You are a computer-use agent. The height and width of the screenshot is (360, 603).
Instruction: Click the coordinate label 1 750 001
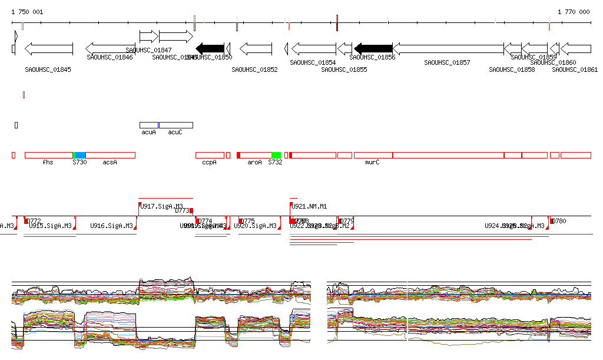(x=27, y=12)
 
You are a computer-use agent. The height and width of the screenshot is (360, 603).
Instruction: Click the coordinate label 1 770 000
(x=574, y=12)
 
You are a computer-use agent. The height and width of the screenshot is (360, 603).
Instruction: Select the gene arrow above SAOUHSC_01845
(x=49, y=48)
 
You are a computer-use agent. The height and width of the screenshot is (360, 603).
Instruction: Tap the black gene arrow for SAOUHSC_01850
(x=210, y=48)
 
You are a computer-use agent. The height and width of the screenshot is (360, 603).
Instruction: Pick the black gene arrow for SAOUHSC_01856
(x=373, y=48)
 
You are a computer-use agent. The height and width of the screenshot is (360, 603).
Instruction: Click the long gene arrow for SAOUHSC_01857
(x=448, y=48)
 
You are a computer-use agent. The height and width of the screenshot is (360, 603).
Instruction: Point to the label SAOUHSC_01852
(x=254, y=70)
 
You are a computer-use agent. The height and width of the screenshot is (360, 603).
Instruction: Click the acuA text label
(x=148, y=133)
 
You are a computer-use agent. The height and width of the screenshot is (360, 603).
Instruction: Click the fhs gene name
(x=48, y=162)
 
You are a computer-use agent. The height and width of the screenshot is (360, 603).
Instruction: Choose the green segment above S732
(x=276, y=155)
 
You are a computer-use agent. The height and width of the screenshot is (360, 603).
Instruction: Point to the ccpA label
(x=209, y=162)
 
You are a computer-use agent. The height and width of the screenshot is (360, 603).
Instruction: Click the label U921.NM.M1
(x=309, y=206)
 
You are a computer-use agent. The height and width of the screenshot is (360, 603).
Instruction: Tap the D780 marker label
(x=559, y=222)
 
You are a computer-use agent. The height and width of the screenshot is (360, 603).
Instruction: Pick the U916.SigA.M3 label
(x=111, y=226)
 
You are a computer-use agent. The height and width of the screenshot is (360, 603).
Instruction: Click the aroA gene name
(x=254, y=162)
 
